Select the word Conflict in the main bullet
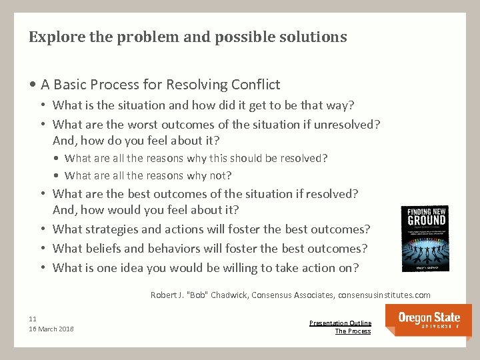[x=255, y=85]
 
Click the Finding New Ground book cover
[x=424, y=239]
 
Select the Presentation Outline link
[x=340, y=323]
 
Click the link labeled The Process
[x=353, y=331]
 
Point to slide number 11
[x=33, y=319]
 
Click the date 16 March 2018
[x=51, y=329]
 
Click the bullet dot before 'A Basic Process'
[x=33, y=85]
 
